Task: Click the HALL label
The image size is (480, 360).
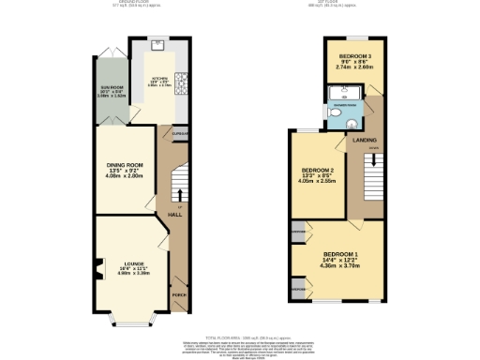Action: [x=174, y=215]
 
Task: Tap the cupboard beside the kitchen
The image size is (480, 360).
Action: [x=180, y=134]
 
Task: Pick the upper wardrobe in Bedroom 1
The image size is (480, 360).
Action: [x=298, y=230]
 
